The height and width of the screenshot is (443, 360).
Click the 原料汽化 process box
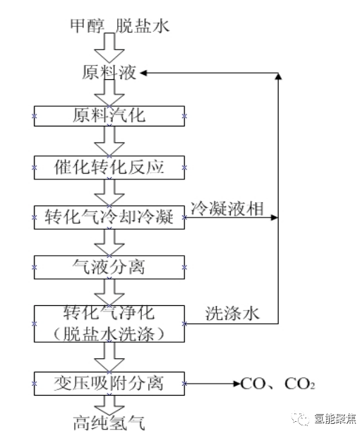pyautogui.click(x=109, y=115)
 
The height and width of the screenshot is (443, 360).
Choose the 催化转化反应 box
pyautogui.click(x=109, y=167)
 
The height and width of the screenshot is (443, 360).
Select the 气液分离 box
pyautogui.click(x=109, y=267)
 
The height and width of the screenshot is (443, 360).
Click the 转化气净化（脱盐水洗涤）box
pyautogui.click(x=109, y=323)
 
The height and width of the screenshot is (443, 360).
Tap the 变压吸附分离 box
pyautogui.click(x=109, y=383)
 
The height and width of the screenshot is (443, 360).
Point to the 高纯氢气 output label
pyautogui.click(x=109, y=425)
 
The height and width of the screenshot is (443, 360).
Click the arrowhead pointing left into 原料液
pyautogui.click(x=145, y=73)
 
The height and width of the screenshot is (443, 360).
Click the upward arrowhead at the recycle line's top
pyautogui.click(x=278, y=76)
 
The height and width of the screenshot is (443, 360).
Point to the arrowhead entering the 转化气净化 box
pyautogui.click(x=189, y=324)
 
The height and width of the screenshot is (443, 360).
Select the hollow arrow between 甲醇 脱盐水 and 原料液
pyautogui.click(x=110, y=49)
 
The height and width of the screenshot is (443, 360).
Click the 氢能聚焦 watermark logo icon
pyautogui.click(x=304, y=420)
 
